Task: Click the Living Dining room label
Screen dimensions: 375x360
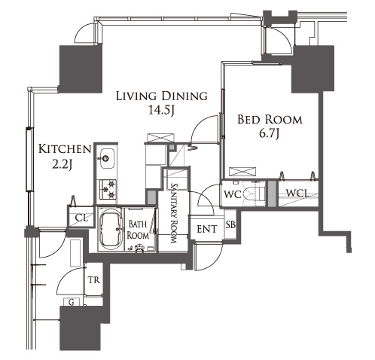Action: (x=162, y=96)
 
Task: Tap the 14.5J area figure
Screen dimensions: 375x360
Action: (x=161, y=110)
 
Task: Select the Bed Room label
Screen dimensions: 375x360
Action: (x=270, y=120)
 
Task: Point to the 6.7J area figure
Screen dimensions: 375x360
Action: (x=269, y=133)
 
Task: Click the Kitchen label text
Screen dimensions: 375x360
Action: (x=65, y=149)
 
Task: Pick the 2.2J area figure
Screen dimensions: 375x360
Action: (x=62, y=164)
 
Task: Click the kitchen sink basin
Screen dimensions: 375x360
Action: (x=107, y=159)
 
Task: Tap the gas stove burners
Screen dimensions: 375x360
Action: (x=108, y=189)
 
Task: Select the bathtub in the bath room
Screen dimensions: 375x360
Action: (x=111, y=229)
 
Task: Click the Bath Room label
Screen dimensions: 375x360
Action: (x=138, y=230)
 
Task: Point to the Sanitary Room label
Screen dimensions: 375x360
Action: (x=174, y=213)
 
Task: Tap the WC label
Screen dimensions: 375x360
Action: (x=233, y=194)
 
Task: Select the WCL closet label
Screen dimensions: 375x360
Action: (x=297, y=193)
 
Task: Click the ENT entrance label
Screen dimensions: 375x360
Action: (x=207, y=229)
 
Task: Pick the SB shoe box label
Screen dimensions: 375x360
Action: (x=230, y=224)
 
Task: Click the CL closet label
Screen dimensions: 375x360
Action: (x=81, y=218)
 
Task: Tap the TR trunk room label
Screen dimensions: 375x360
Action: (x=94, y=279)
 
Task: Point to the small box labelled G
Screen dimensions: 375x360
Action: (x=72, y=302)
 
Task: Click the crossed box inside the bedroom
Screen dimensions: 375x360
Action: (x=242, y=172)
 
